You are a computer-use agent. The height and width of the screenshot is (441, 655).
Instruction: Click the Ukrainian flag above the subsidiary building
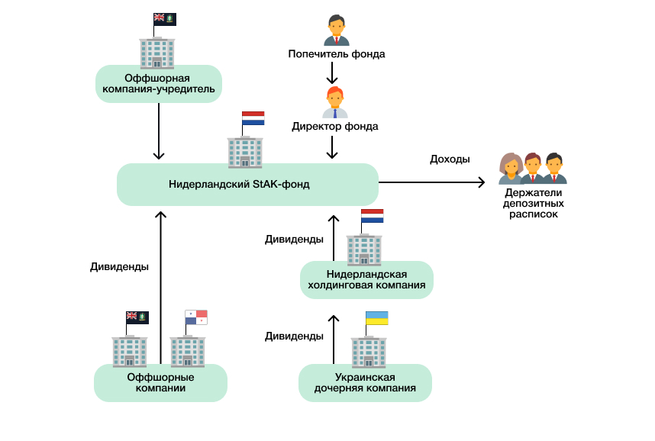tap(376, 318)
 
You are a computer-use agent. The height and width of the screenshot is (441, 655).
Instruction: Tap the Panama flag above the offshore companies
tap(196, 317)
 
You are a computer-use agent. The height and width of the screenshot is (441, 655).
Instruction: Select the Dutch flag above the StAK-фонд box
tap(253, 119)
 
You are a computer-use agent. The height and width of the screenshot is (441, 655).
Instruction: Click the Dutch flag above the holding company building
tap(372, 216)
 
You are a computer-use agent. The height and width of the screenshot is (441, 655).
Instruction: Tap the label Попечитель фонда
tap(336, 54)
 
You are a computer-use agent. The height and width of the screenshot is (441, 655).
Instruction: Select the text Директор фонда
tap(334, 126)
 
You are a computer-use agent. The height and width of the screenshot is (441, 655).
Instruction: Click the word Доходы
tap(450, 159)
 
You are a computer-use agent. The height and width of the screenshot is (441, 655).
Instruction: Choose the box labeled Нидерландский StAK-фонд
tap(247, 184)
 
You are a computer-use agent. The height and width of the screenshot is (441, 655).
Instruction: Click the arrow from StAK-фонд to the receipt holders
tap(432, 182)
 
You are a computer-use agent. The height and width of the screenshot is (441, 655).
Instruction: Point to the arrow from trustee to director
tap(332, 73)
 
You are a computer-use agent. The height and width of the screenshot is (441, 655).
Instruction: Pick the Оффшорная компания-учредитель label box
tap(159, 84)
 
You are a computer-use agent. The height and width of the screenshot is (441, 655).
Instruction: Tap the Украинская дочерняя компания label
tap(365, 382)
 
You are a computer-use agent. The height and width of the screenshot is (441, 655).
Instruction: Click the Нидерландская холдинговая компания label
tap(366, 280)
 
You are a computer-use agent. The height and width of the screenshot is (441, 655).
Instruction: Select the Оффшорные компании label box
tap(160, 382)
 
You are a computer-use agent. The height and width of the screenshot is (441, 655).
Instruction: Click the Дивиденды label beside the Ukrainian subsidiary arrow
tap(294, 336)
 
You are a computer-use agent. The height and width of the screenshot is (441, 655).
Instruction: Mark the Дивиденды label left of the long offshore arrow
tap(119, 267)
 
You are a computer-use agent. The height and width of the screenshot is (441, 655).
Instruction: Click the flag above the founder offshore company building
tap(165, 19)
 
